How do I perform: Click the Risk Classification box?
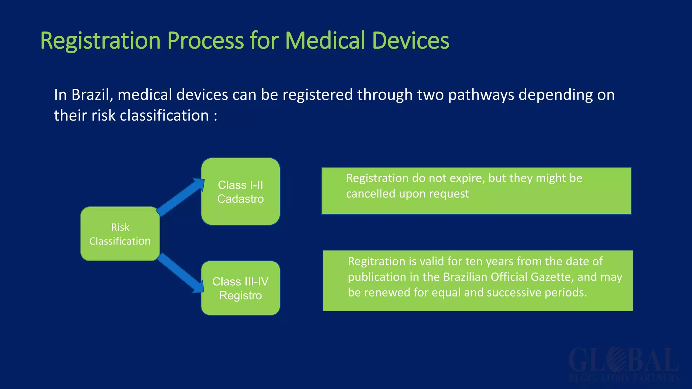click(120, 234)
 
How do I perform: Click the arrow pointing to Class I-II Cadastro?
click(181, 198)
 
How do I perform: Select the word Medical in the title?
click(325, 41)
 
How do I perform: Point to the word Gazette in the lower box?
click(552, 277)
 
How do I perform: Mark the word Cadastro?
click(240, 199)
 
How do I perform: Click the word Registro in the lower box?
click(240, 295)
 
